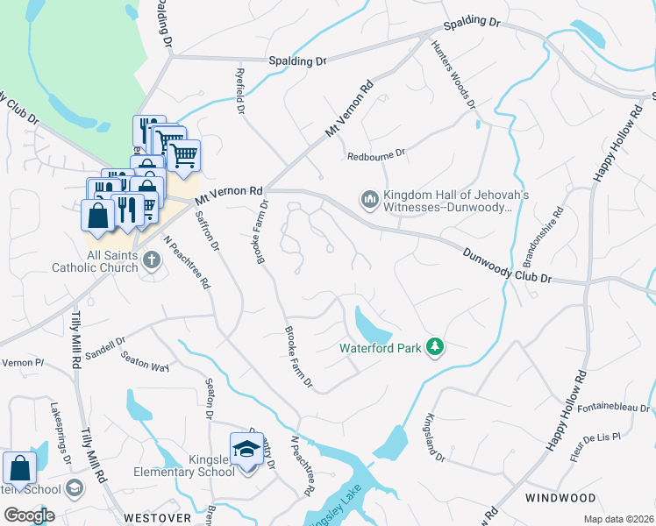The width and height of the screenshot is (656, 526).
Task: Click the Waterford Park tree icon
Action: pyautogui.click(x=434, y=347)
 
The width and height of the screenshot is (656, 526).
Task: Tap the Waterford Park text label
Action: pyautogui.click(x=381, y=347)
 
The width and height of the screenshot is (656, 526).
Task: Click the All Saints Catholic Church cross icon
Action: pyautogui.click(x=151, y=259)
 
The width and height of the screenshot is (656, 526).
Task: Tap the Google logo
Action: pyautogui.click(x=29, y=515)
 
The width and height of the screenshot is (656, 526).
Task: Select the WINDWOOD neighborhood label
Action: pyautogui.click(x=560, y=498)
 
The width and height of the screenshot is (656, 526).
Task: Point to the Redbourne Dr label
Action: pyautogui.click(x=376, y=154)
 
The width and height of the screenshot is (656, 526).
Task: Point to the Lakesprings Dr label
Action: pyautogui.click(x=61, y=429)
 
